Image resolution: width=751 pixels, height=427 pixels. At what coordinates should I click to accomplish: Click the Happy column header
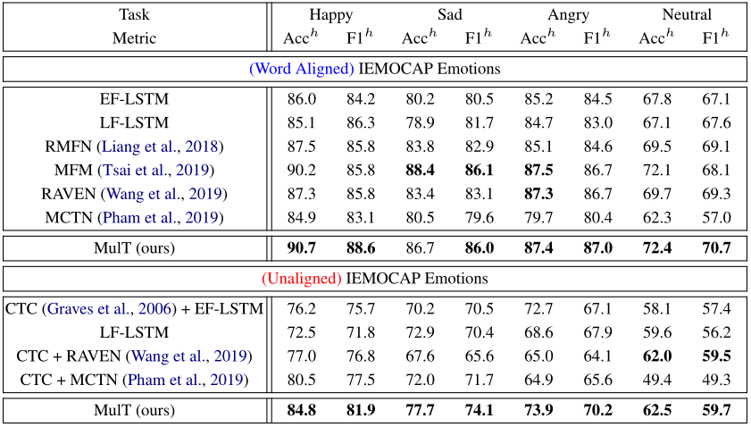tap(330, 14)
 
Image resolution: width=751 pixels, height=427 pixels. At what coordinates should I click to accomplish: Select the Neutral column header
tap(687, 14)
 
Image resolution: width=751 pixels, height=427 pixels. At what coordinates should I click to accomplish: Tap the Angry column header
tap(568, 14)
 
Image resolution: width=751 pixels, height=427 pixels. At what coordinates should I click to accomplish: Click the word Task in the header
tap(134, 14)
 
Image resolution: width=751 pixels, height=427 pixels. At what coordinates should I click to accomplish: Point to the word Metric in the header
tap(134, 38)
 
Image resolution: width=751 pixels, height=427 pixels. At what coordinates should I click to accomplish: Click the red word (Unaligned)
tap(302, 278)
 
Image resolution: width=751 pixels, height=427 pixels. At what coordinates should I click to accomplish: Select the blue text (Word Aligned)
tap(303, 69)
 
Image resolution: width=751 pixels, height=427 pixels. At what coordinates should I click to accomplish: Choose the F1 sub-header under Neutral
tap(716, 38)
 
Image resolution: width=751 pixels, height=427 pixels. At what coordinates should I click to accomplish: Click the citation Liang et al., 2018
tap(161, 146)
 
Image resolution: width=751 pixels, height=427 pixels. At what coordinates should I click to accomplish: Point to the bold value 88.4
tap(420, 170)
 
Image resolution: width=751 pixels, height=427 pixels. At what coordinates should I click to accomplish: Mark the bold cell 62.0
tap(656, 356)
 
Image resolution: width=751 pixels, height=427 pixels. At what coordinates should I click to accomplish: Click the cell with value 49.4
tap(656, 381)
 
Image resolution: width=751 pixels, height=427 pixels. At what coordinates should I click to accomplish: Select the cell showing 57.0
tap(716, 217)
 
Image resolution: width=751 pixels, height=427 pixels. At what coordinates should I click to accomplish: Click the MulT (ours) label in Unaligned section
tap(134, 411)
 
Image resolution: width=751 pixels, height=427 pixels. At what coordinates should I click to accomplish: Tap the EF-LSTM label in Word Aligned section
tap(134, 99)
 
